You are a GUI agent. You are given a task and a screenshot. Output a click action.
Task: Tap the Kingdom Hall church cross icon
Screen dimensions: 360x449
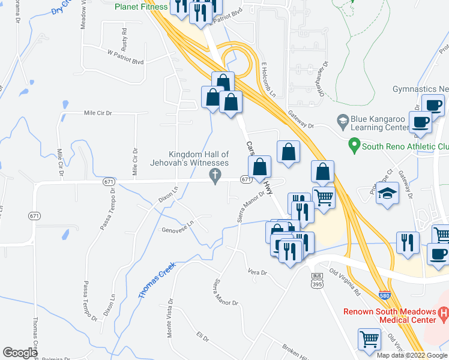(214, 175)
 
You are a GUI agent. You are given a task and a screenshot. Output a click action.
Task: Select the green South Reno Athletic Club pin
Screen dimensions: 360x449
(354, 145)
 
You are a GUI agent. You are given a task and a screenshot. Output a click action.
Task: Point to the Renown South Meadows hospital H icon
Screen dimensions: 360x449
(444, 312)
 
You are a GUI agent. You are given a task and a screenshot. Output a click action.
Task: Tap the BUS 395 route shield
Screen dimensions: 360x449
(318, 280)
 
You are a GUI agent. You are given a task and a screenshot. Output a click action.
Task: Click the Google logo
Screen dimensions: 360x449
(20, 353)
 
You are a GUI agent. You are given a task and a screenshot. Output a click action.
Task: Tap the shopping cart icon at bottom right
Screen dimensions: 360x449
(369, 339)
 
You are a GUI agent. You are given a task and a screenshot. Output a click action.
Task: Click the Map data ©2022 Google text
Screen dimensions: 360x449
(411, 355)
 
